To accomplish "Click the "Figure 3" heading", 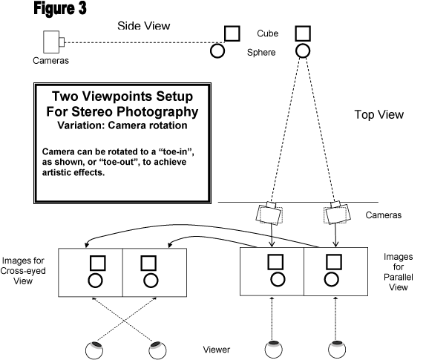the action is coord(60,8).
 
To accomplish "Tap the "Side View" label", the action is coord(144,26).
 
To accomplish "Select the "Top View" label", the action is coord(379,114).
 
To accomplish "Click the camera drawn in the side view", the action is coord(53,42).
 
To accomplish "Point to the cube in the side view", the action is coord(232,33).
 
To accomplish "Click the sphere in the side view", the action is coord(217,51).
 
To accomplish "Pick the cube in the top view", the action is coord(303,33).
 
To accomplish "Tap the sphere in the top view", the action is coord(303,51).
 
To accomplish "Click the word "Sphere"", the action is coord(261,53).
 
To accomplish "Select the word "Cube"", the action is coord(268,33).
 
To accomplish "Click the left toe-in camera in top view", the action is coord(269,213).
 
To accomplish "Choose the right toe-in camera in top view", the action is coord(337,212).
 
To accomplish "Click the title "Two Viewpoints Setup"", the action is coord(122,96).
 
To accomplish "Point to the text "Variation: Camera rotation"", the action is coord(122,125).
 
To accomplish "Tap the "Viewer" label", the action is coord(216,350).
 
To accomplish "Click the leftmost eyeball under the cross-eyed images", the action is coord(94,350).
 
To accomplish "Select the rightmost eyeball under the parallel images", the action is coord(337,350).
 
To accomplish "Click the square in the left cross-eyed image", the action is coord(97,263).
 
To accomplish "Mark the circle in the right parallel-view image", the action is coord(332,279).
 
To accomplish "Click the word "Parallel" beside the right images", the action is coord(399,277).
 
